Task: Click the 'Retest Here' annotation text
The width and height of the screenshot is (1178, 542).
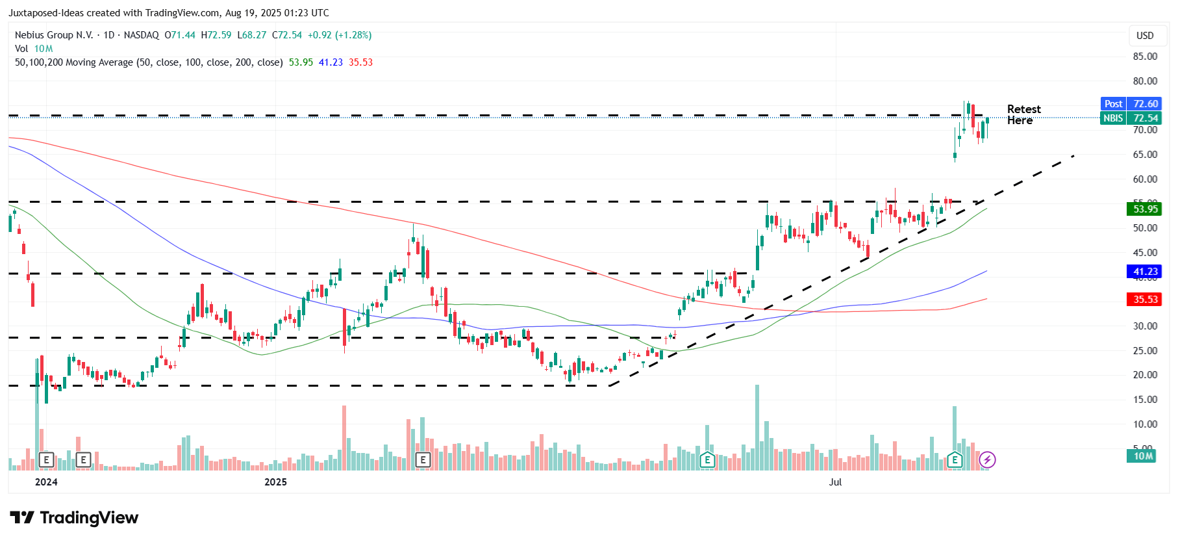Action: [1023, 114]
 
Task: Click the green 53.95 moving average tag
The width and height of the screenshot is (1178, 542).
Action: [1145, 209]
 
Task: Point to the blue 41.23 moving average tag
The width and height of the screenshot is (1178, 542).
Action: [1145, 272]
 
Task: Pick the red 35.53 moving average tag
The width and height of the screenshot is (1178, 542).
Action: [1145, 300]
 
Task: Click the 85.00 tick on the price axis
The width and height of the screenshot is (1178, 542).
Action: [1145, 57]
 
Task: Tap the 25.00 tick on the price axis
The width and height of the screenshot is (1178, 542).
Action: [1145, 351]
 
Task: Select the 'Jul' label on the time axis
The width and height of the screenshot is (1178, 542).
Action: [835, 482]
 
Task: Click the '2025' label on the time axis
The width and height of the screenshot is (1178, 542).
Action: [275, 482]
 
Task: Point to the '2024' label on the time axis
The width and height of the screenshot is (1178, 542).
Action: [46, 482]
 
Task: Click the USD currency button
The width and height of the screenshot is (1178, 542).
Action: [1145, 36]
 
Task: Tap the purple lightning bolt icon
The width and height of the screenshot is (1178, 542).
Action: [987, 460]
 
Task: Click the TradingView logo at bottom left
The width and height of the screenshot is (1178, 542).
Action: [74, 518]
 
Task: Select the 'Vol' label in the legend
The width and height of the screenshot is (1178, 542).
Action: [21, 49]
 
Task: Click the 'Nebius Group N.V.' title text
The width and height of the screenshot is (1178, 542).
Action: [54, 35]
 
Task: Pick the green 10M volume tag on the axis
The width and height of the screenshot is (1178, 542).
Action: [1143, 456]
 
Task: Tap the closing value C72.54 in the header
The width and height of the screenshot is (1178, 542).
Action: [287, 35]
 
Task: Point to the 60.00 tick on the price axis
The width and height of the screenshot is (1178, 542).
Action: [1145, 179]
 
